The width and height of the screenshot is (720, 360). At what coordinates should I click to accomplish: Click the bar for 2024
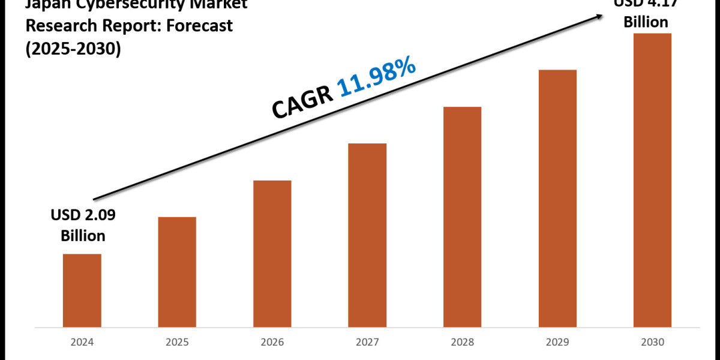(x=82, y=290)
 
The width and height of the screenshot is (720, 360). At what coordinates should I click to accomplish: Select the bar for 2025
(x=177, y=272)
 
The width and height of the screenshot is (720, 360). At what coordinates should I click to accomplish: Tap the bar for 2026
(x=272, y=254)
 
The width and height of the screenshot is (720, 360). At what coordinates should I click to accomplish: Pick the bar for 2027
(x=367, y=235)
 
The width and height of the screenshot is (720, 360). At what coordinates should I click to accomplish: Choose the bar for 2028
(x=462, y=217)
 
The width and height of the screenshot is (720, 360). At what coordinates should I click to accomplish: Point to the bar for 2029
(x=557, y=199)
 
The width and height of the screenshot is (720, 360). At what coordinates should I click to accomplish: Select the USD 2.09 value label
(x=83, y=215)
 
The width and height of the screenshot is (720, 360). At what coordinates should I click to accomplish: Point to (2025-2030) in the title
(x=73, y=49)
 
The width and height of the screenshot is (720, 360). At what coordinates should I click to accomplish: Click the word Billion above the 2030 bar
(x=646, y=22)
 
